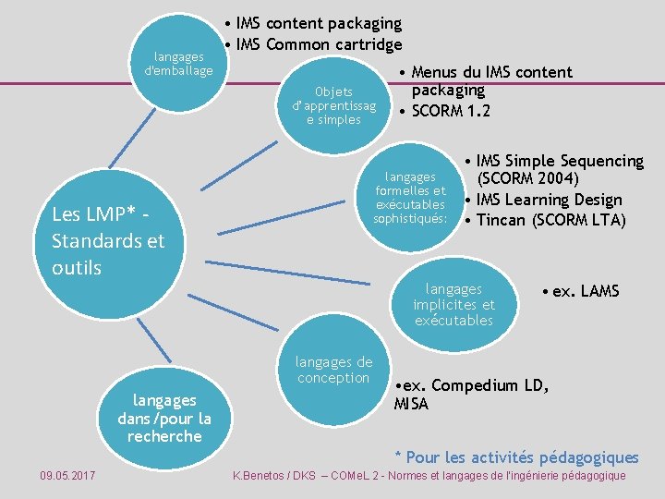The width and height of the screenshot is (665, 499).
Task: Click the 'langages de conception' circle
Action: [x=333, y=370]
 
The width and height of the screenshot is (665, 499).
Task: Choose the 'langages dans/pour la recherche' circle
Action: [x=164, y=417]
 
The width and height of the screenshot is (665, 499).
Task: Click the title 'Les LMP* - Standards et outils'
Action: [x=108, y=240]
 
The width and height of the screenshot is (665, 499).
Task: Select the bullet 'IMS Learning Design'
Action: [x=550, y=200]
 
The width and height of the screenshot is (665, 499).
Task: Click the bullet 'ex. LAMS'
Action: [x=586, y=292]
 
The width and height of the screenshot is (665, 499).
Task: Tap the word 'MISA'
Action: [x=412, y=404]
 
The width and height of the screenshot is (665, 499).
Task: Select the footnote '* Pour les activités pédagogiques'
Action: [x=516, y=456]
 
